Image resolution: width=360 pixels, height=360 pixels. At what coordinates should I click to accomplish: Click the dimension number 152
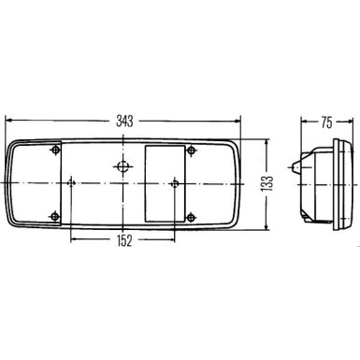click(x=124, y=240)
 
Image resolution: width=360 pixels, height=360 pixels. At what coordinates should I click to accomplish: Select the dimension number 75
click(x=324, y=120)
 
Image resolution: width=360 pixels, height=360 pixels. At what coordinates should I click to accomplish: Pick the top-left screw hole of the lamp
click(x=58, y=151)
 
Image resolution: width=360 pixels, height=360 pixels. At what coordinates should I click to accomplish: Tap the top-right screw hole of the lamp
click(x=192, y=151)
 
